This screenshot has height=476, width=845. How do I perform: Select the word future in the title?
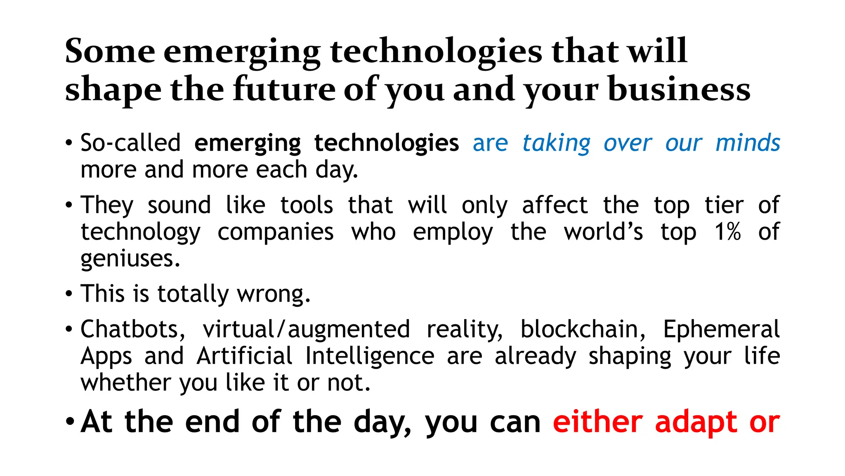(x=284, y=90)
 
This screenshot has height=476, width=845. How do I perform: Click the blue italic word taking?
(x=556, y=143)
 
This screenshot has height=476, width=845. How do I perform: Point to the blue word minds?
(x=748, y=143)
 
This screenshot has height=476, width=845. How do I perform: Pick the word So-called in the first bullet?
(x=130, y=143)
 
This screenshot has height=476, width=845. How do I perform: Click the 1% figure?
(x=727, y=232)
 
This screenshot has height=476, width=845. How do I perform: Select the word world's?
(x=603, y=232)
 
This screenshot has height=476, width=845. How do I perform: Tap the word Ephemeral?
(x=721, y=329)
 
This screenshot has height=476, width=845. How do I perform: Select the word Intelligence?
(x=370, y=356)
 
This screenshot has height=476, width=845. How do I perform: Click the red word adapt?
(x=696, y=423)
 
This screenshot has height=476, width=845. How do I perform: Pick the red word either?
(x=597, y=422)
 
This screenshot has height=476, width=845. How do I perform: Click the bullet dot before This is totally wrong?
(x=69, y=294)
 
